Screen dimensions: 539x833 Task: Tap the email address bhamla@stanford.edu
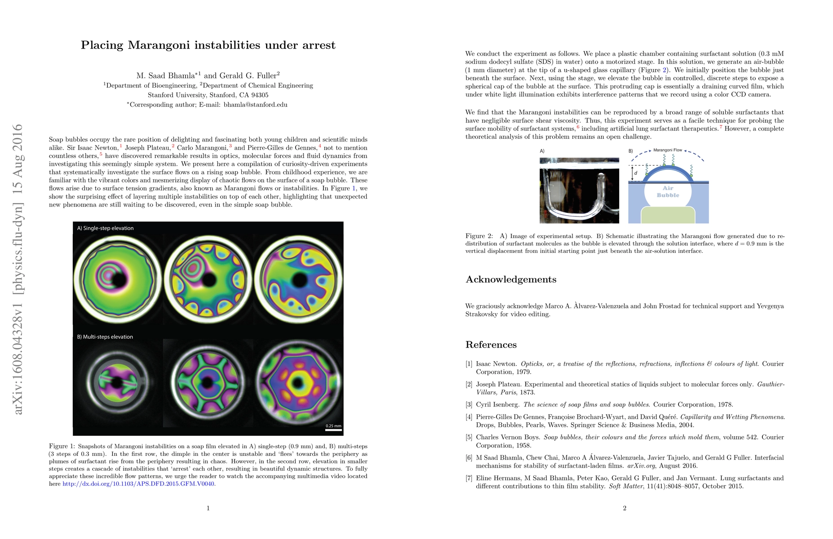point(255,105)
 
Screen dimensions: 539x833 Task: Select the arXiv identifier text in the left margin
point(18,269)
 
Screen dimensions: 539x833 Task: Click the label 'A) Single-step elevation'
point(105,228)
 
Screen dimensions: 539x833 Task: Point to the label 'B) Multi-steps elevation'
point(105,337)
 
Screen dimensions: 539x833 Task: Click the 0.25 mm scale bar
point(333,429)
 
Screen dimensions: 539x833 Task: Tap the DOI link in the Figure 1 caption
point(138,484)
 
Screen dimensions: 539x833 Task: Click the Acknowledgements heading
point(511,279)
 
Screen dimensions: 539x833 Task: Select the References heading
point(491,345)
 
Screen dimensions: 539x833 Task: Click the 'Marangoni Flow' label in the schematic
point(667,150)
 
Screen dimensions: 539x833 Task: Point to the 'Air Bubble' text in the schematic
point(668,192)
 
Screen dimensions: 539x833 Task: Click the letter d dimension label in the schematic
point(636,173)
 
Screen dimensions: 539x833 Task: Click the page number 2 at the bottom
point(625,508)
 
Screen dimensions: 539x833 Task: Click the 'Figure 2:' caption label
point(479,236)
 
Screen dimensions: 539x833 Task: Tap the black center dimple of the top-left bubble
point(120,280)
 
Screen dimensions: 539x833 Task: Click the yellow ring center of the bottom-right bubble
point(297,383)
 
